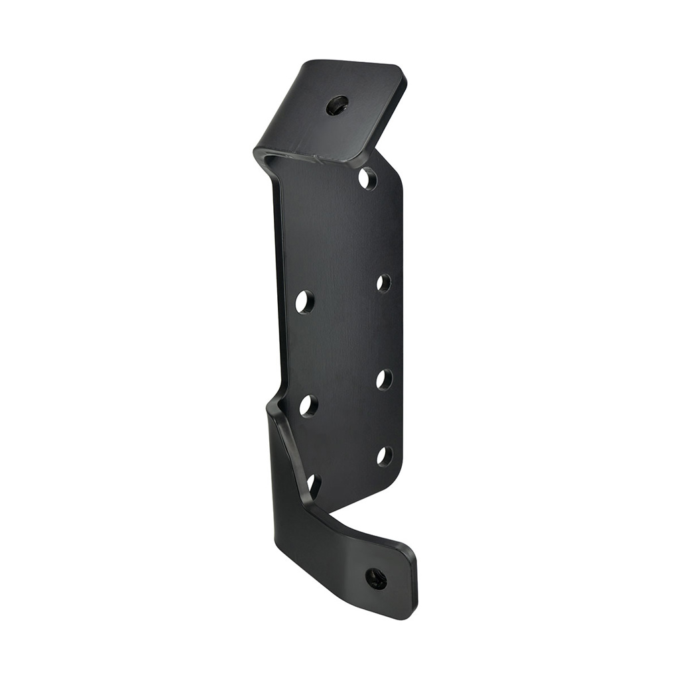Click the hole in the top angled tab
click(338, 104)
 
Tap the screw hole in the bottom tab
click(376, 577)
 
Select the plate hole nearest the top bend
click(367, 178)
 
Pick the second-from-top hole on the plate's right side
click(383, 283)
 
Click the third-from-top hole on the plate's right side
click(384, 379)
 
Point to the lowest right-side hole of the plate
click(384, 456)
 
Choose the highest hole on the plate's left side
click(304, 302)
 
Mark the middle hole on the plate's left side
click(308, 404)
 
